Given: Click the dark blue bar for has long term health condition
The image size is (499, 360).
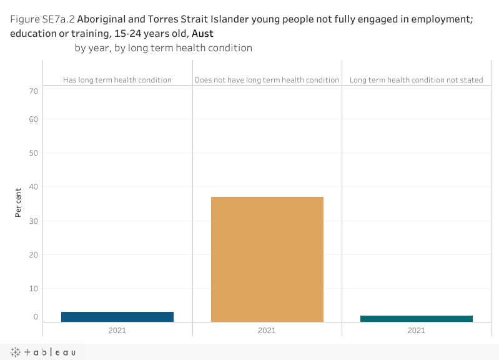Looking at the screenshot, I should coord(117,317).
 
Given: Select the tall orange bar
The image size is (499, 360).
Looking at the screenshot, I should coord(267,259).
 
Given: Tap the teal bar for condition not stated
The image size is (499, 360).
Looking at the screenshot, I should coord(416,319).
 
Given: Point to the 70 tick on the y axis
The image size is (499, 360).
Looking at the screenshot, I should coord(32,91).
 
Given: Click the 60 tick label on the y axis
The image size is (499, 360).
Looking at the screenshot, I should coord(32,119).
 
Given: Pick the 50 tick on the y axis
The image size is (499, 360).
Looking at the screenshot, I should coord(32,153).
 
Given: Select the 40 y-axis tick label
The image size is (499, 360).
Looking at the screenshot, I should coord(32,187).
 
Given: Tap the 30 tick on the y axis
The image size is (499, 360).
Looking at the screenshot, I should coord(32,221).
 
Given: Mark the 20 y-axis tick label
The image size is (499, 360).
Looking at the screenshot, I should coord(32,255).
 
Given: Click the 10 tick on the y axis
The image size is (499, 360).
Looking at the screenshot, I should coord(32,289).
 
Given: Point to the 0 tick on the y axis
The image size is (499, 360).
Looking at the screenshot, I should coord(36,317).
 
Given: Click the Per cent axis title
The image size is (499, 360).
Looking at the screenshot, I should coord(19,202).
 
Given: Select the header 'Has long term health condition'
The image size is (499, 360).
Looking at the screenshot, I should coord(117,80).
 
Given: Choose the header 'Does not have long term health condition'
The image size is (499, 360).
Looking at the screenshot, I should coord(267,80).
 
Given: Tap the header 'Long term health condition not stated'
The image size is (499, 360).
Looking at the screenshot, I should coord(416,80).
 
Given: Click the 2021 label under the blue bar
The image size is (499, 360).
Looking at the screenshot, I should coord(117,330).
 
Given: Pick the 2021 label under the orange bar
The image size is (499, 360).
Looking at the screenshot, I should coord(267,330).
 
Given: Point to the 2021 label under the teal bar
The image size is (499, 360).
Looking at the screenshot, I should coord(416,330).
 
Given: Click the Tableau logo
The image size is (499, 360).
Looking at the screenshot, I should coord(43,352).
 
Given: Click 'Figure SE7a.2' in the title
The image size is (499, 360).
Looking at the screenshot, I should coord(42,19).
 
